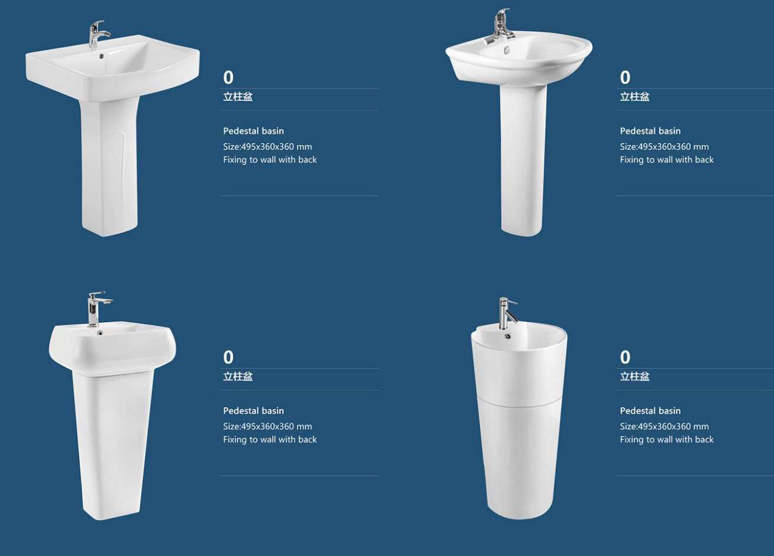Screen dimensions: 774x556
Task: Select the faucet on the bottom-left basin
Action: [x=96, y=309]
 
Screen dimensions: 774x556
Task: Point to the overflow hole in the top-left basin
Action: [x=101, y=55]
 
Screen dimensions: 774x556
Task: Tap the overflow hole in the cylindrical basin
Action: [x=508, y=336]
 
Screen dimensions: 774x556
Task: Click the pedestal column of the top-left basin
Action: [x=109, y=166]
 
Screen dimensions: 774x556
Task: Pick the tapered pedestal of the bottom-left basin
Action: [x=113, y=445]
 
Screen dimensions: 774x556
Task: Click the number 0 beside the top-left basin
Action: [x=228, y=78]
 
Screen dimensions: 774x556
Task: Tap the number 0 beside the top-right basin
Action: [x=625, y=78]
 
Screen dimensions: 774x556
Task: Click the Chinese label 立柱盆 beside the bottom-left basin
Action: [x=238, y=376]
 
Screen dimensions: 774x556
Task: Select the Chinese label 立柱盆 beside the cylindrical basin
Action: [x=635, y=376]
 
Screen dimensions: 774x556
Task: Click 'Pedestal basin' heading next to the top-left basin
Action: [x=253, y=131]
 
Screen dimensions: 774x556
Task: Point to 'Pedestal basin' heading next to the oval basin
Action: [x=651, y=131]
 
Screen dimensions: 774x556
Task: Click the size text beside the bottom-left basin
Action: [x=268, y=427]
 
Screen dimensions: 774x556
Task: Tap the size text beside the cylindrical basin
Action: [x=664, y=427]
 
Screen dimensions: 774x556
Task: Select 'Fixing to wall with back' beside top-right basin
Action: [x=666, y=160]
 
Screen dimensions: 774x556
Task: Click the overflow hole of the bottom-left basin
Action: [x=100, y=333]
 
